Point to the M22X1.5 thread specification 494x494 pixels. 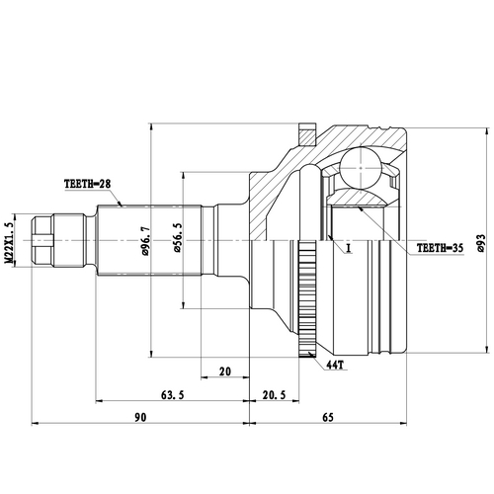[x=10, y=240]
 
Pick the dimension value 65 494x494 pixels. [x=355, y=418]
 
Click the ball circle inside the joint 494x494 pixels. [x=363, y=165]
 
